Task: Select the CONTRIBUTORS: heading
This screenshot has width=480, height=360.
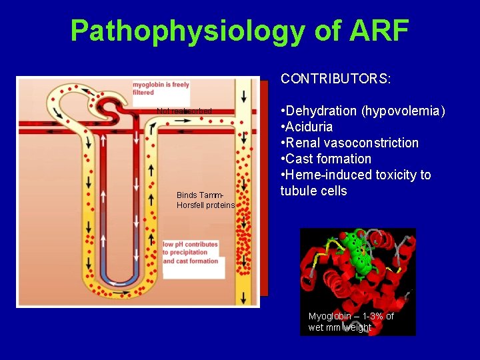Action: [x=336, y=79]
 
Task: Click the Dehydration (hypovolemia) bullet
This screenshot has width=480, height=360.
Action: [x=364, y=111]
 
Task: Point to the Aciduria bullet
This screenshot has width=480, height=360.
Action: [x=309, y=127]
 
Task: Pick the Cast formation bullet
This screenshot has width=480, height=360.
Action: [x=327, y=159]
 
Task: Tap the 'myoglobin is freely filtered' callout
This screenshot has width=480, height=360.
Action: [x=161, y=89]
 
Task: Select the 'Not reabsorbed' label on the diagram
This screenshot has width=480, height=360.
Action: [x=185, y=111]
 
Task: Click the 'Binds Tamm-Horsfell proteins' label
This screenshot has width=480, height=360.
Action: [x=205, y=200]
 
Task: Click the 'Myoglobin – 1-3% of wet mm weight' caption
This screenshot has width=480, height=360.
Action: [x=351, y=321]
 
